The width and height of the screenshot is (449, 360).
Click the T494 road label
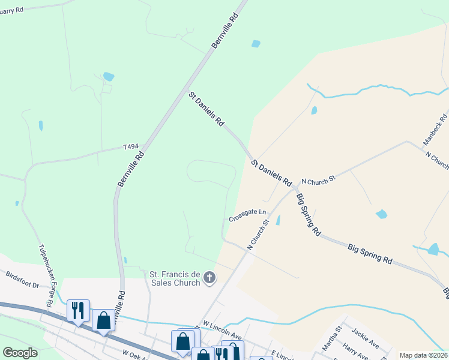tap(130, 146)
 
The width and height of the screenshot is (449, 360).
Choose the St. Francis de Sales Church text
tap(175, 278)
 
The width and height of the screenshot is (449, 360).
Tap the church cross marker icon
tap(209, 277)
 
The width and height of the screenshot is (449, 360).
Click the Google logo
tap(20, 353)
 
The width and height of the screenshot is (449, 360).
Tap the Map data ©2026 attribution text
tap(423, 355)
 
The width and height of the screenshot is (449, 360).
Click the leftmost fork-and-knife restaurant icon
tap(78, 310)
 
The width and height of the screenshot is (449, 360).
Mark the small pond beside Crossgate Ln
tap(278, 220)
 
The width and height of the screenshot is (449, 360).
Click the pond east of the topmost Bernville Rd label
tap(256, 44)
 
